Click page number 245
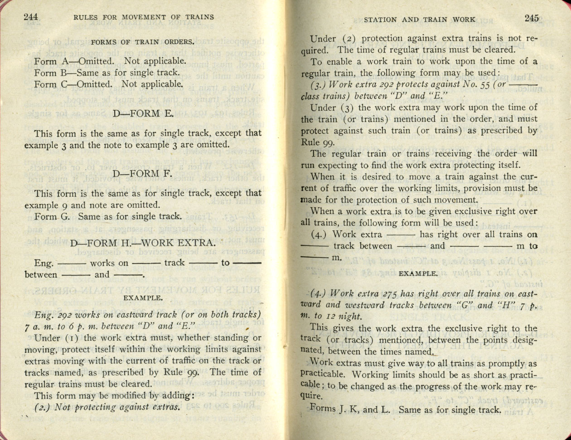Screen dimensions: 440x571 point(532,18)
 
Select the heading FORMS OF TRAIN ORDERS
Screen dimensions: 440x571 point(143,42)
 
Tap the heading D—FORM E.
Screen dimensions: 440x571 point(143,114)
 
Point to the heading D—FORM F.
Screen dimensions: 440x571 point(143,174)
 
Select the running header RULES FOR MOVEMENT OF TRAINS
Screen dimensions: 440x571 point(143,18)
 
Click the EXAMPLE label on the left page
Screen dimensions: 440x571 point(143,298)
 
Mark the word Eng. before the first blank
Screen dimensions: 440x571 point(44,263)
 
